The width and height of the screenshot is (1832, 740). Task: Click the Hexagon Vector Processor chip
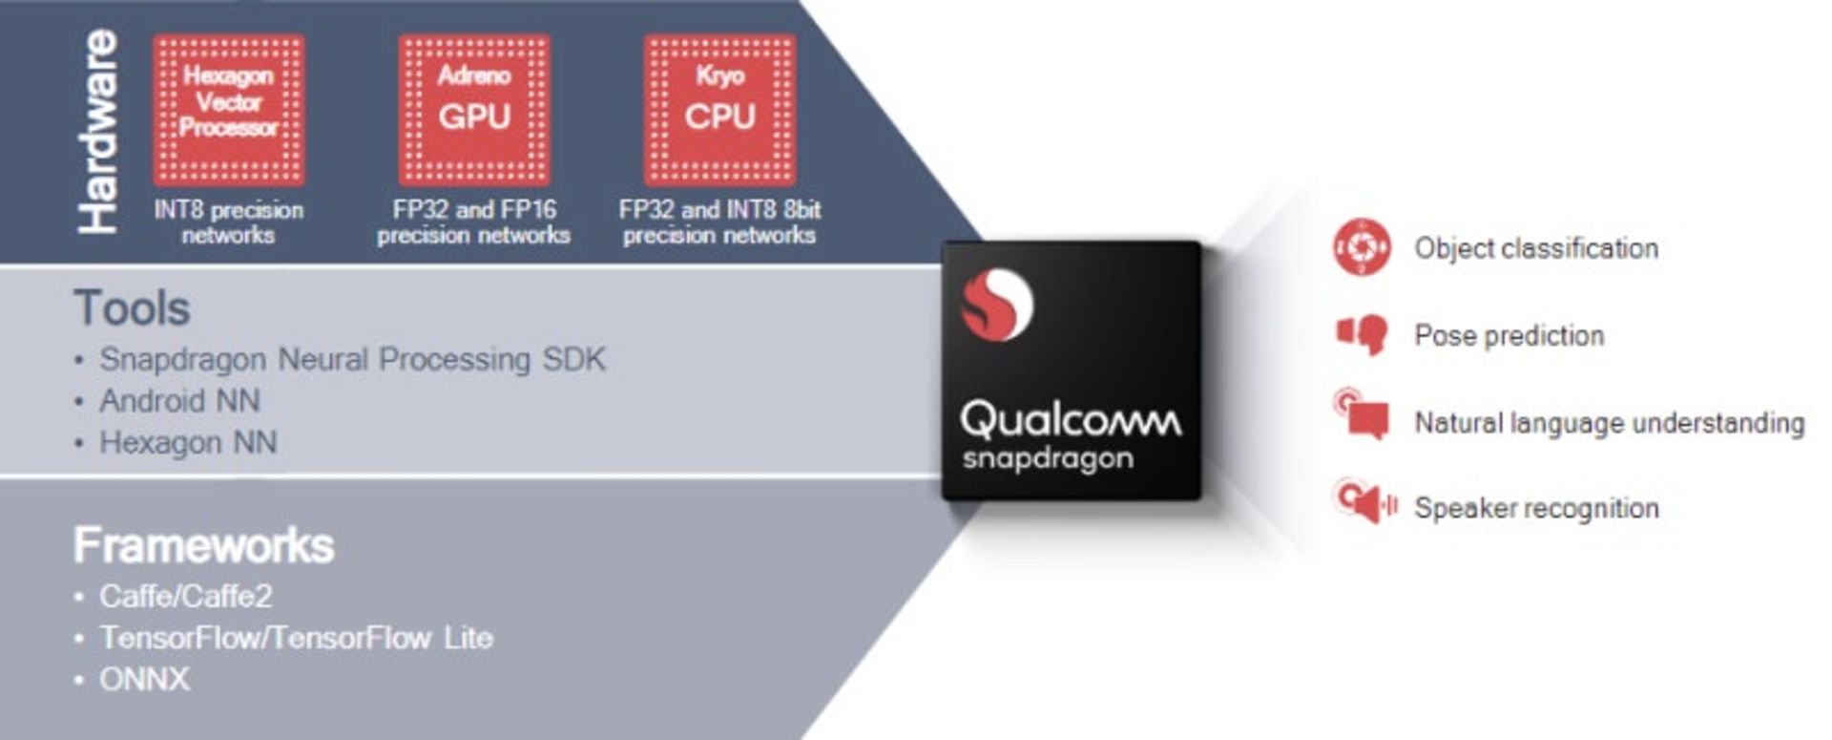(229, 110)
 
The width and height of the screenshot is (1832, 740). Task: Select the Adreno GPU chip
(474, 110)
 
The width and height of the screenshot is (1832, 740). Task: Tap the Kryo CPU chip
(719, 110)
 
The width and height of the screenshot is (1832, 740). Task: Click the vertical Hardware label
(99, 132)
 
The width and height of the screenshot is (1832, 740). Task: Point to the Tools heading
(132, 308)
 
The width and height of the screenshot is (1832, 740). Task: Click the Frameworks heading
(203, 545)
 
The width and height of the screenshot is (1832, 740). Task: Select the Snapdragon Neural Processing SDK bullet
(352, 360)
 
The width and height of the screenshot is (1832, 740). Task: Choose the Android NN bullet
(179, 401)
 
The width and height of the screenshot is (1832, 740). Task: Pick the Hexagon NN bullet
(188, 443)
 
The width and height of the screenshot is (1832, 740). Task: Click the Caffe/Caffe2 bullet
(185, 597)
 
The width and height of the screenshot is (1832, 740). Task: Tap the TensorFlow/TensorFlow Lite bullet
(296, 638)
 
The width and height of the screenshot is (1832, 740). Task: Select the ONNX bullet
(144, 680)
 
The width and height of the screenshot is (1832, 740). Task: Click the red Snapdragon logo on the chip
(995, 305)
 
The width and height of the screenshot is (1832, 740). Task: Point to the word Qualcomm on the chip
(1070, 419)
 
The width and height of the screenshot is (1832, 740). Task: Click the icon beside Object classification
(1362, 247)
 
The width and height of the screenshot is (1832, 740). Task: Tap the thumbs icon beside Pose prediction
(1363, 334)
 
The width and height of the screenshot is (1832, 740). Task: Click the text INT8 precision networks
(229, 222)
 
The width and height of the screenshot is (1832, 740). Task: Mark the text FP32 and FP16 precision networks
(474, 222)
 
